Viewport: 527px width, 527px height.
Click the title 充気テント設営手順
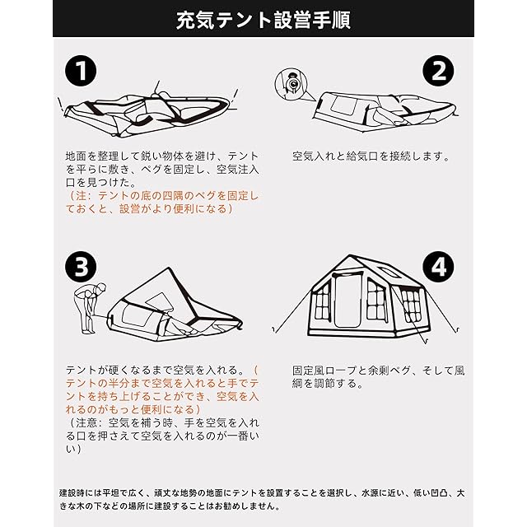tap(263, 20)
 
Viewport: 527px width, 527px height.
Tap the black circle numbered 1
tap(81, 71)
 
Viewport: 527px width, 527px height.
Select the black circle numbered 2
tap(438, 71)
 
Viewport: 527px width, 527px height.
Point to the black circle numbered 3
tap(81, 267)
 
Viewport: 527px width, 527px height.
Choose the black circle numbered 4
tap(438, 267)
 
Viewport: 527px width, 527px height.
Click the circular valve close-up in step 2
tap(291, 84)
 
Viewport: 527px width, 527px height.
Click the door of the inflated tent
tap(347, 300)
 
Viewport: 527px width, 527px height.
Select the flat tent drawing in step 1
tap(148, 110)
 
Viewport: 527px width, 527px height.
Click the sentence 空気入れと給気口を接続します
tap(371, 156)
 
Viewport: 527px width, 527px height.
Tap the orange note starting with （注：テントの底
tap(162, 203)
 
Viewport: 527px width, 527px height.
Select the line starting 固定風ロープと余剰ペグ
tap(379, 370)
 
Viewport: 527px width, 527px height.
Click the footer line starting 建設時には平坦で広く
tap(262, 493)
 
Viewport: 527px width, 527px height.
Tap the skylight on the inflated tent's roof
tap(389, 272)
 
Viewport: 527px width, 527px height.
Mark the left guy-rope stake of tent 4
tap(274, 329)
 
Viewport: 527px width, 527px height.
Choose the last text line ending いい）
tap(73, 449)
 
